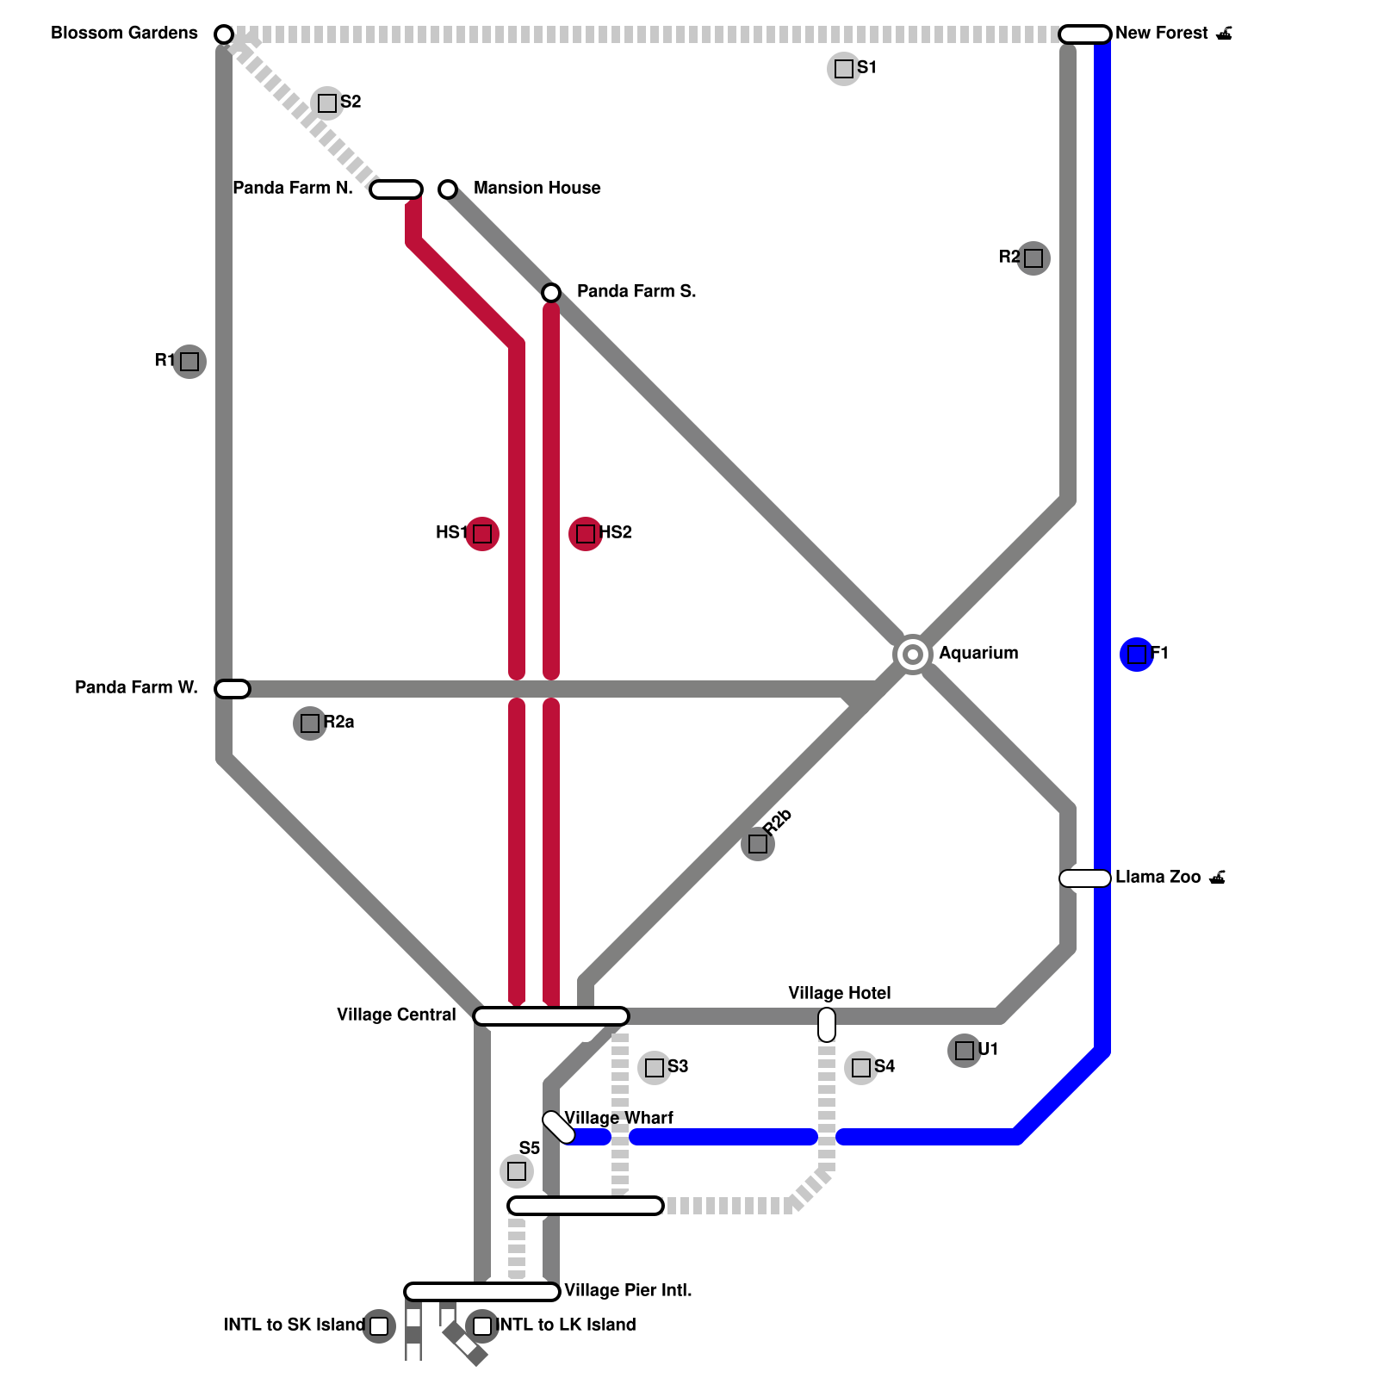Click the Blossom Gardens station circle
(x=224, y=34)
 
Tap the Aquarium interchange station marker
(x=913, y=655)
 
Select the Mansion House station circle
(x=448, y=189)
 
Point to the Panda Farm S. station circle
(x=551, y=293)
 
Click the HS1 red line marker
(x=482, y=534)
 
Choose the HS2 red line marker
(x=586, y=534)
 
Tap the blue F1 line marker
(x=1137, y=655)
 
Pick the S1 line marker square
(x=844, y=69)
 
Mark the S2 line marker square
(x=327, y=103)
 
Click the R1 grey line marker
(x=189, y=362)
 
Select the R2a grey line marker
(x=310, y=723)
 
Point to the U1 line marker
(x=965, y=1051)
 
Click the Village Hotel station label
(x=839, y=993)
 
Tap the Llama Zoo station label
(x=1158, y=878)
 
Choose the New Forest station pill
(x=1085, y=34)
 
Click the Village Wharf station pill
(x=559, y=1127)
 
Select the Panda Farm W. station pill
(x=233, y=689)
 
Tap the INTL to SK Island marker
(x=379, y=1326)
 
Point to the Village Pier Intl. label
(x=628, y=1290)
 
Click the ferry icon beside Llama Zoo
(x=1218, y=878)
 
